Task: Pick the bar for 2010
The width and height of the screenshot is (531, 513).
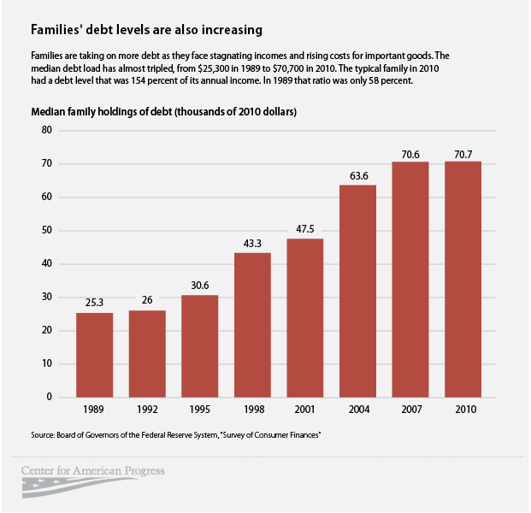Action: (x=463, y=279)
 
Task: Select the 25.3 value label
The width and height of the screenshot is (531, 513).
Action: (x=95, y=303)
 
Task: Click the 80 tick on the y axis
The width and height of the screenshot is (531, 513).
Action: (x=47, y=130)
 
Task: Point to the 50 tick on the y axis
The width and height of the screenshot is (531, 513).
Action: (x=47, y=230)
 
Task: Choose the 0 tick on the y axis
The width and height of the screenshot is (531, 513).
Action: (x=50, y=397)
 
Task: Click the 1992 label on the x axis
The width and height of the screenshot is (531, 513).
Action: (x=147, y=410)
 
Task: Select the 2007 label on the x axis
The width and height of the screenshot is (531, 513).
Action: (x=410, y=410)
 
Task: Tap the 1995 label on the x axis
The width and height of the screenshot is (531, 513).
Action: (x=200, y=410)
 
